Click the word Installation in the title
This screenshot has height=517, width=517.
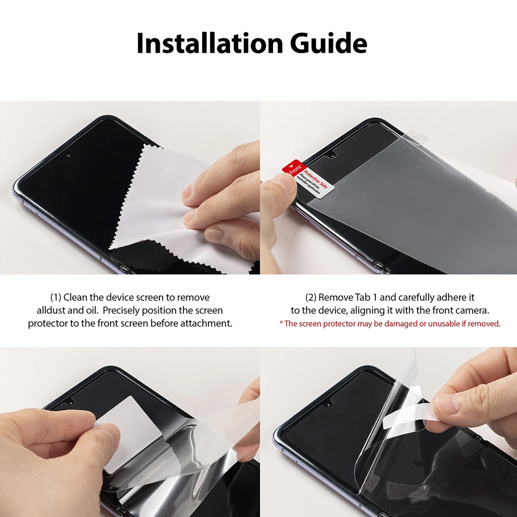tap(209, 44)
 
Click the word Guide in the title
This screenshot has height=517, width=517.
tap(328, 44)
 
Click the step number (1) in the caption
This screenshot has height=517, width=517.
tap(55, 297)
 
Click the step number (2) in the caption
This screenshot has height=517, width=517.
tap(311, 297)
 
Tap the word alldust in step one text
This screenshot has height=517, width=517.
tap(52, 311)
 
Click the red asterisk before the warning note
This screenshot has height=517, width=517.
tap(281, 324)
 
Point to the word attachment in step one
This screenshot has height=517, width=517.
tap(206, 324)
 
